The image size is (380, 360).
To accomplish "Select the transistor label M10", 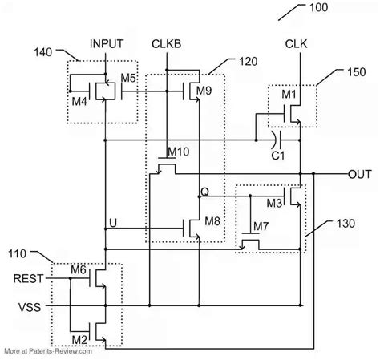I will [x=177, y=152].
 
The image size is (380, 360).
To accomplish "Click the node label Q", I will [x=204, y=191].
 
